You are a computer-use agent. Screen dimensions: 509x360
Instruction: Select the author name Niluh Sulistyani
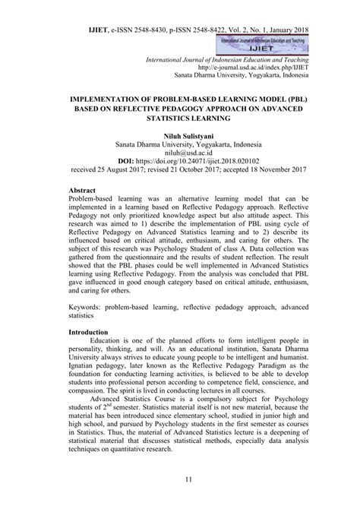[180, 132]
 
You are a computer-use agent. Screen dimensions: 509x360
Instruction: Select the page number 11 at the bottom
[180, 479]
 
